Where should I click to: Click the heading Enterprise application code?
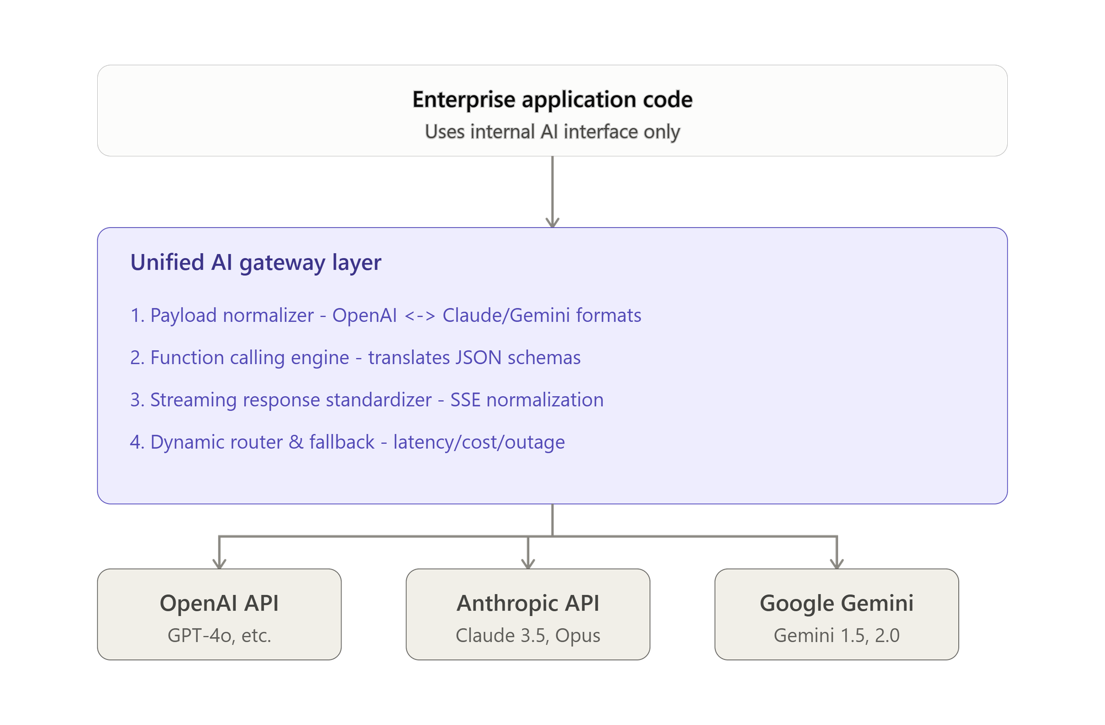click(552, 99)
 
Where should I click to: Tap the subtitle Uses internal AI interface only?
click(552, 132)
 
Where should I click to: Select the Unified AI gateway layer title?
click(256, 262)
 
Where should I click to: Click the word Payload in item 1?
click(185, 316)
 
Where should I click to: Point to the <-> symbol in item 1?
click(419, 316)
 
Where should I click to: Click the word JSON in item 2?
click(478, 358)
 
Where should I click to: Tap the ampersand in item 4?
click(296, 442)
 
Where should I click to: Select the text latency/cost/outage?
click(479, 442)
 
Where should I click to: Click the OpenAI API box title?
click(219, 603)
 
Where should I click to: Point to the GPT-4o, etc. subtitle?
click(219, 635)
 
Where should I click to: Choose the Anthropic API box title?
click(528, 603)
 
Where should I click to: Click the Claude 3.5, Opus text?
click(528, 635)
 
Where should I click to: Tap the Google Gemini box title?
click(836, 603)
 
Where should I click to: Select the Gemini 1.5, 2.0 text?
click(836, 635)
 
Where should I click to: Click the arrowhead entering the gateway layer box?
click(552, 222)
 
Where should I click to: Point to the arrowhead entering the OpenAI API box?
click(219, 564)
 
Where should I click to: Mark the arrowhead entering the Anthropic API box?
click(528, 564)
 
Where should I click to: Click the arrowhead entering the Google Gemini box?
click(837, 564)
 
